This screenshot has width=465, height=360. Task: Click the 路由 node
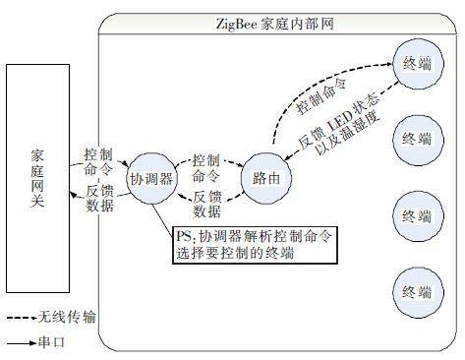tap(267, 179)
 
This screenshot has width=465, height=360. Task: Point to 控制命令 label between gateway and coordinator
tap(99, 161)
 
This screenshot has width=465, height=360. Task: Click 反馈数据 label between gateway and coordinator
tap(99, 198)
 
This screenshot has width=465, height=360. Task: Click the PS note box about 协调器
tap(253, 245)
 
